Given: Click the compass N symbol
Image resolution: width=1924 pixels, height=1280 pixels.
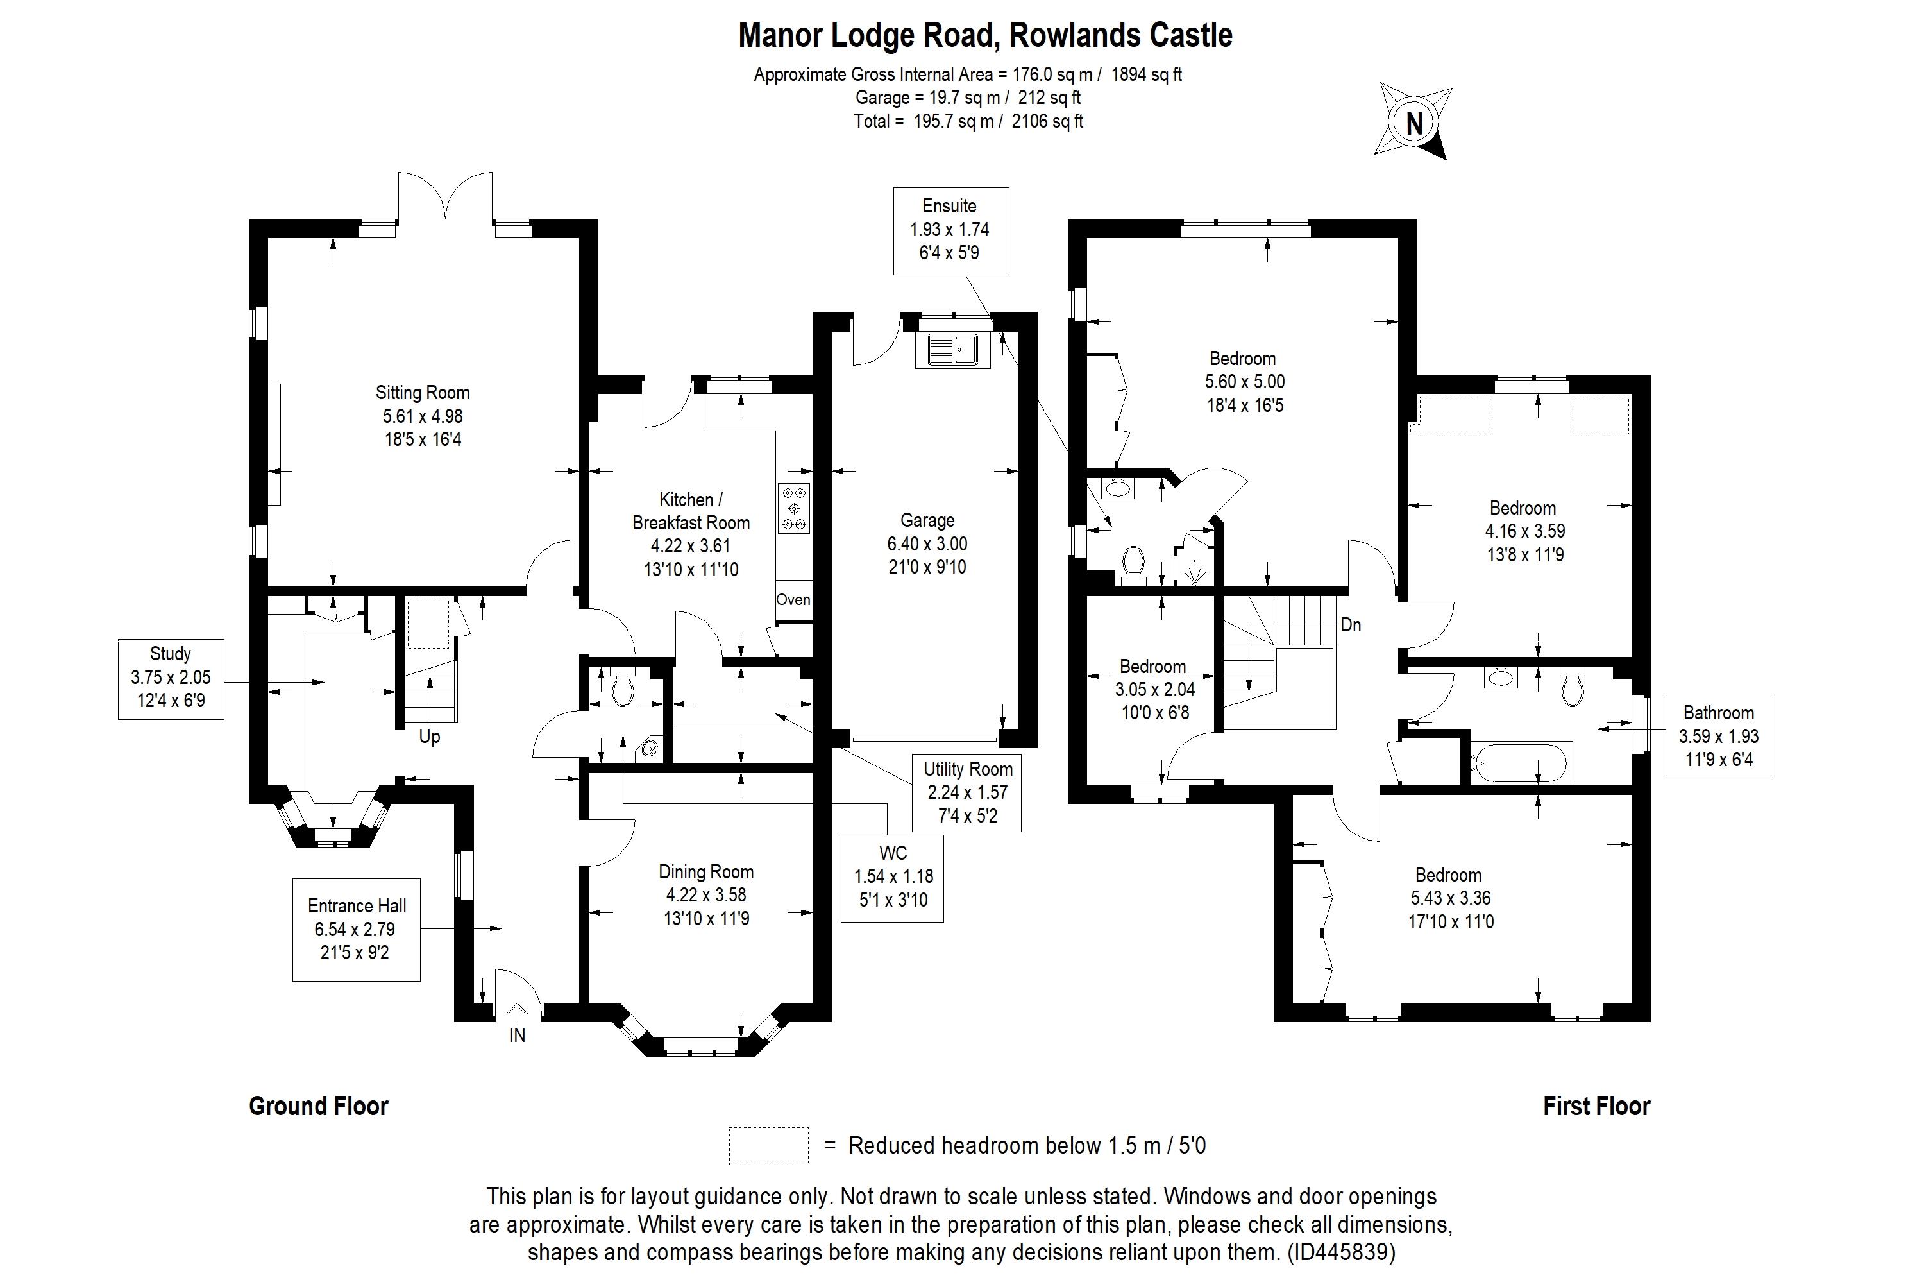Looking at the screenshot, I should coord(1415,123).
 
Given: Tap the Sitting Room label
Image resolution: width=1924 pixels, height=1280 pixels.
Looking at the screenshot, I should coord(423,416).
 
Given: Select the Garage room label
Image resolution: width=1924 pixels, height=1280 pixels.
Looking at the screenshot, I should coord(927,543).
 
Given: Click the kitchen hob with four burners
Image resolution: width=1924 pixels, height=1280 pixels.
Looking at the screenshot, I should coord(794,508).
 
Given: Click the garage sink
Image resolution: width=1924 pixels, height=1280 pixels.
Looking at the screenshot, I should coord(952,350).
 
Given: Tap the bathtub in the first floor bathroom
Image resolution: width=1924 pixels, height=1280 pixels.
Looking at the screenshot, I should coord(1519,762).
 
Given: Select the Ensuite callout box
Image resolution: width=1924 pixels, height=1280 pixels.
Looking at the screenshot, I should coord(950,230).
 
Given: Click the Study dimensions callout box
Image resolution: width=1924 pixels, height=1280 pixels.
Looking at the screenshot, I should coord(171,678).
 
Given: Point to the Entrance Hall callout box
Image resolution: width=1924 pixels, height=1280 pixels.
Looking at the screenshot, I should coord(357,929).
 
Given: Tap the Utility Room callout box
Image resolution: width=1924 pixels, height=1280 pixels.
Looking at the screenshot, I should coord(968,792).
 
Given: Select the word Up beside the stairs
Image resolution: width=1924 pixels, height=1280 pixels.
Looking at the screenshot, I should coord(429,737).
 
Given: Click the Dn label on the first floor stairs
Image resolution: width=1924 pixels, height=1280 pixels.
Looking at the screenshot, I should coord(1351,626).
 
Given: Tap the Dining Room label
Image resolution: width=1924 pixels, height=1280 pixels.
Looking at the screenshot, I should coord(706,894).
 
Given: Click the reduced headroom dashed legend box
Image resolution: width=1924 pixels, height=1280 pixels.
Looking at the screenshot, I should coord(768,1145).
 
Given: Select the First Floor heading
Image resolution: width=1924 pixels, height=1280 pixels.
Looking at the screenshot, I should coord(1596,1106).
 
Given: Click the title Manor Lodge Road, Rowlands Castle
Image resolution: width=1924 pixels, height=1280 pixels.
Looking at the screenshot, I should coord(985,35).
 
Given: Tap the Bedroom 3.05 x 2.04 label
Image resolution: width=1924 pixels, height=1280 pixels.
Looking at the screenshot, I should coord(1153,689).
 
